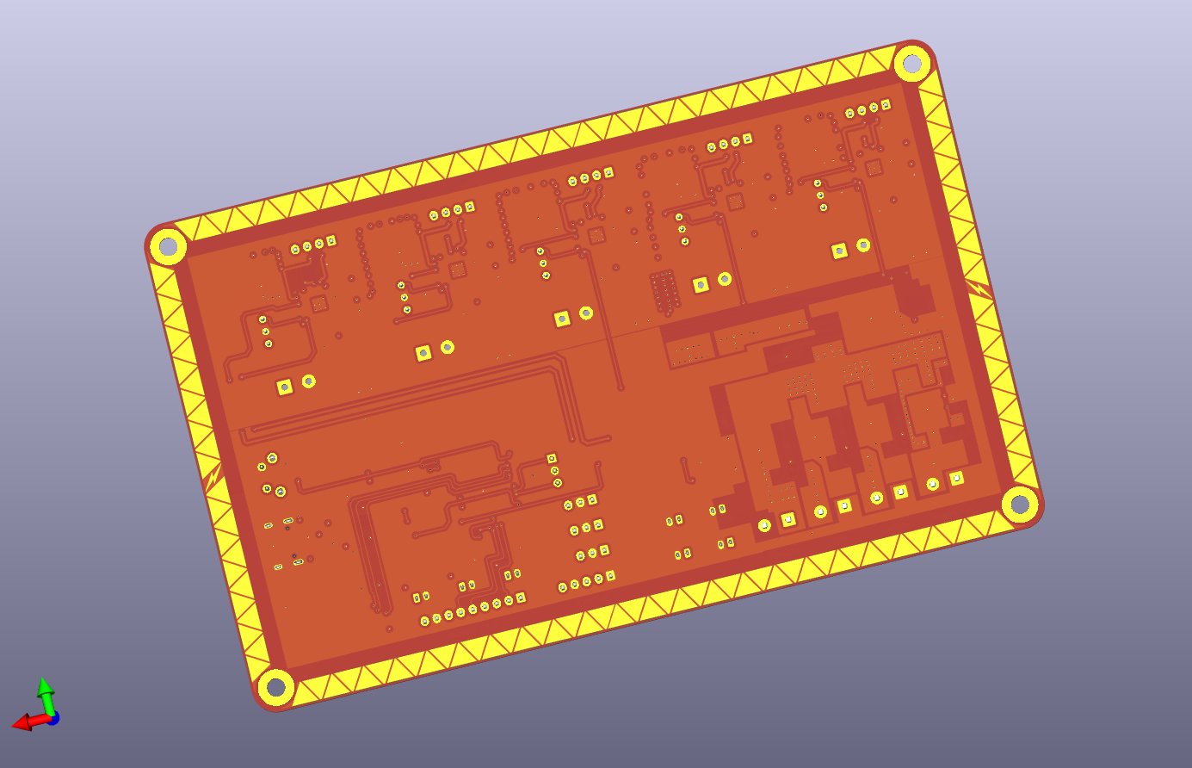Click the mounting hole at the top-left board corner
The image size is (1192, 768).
(x=169, y=247)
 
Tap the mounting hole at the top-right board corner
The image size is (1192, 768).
(x=912, y=63)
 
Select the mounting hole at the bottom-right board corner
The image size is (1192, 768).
(x=1020, y=504)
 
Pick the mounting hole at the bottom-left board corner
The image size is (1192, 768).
(x=275, y=687)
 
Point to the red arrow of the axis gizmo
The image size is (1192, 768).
(x=22, y=722)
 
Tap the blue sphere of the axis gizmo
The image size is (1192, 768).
(x=52, y=717)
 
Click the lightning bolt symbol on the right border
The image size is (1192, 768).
(x=979, y=289)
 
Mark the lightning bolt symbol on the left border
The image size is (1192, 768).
(x=213, y=475)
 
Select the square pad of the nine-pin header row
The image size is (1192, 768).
(x=521, y=597)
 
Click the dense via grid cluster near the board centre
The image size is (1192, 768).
(x=664, y=291)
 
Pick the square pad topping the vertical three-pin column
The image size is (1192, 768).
(x=552, y=458)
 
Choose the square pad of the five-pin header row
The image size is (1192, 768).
(x=610, y=576)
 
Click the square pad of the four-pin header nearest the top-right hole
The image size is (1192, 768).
(x=886, y=105)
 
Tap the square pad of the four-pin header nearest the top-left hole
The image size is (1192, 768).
(x=330, y=241)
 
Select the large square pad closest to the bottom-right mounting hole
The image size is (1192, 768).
(x=956, y=478)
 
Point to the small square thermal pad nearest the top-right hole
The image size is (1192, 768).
(x=874, y=168)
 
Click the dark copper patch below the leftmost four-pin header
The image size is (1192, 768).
(x=302, y=278)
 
